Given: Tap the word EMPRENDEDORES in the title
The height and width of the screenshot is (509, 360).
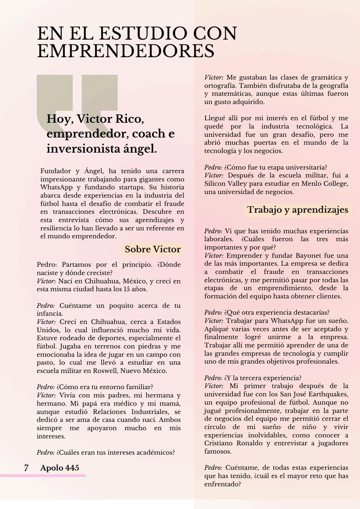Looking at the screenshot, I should click(x=126, y=52).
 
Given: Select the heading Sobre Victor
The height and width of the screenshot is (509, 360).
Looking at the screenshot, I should click(x=152, y=250).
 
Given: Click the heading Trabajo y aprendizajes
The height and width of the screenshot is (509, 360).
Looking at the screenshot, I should click(x=297, y=210).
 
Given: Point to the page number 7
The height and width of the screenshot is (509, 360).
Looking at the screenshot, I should click(x=26, y=468).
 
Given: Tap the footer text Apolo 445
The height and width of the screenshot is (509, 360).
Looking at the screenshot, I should click(x=60, y=468).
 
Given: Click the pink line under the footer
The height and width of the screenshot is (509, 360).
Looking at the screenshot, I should click(x=43, y=475).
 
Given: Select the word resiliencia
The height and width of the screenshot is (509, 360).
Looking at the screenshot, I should click(x=55, y=228).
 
